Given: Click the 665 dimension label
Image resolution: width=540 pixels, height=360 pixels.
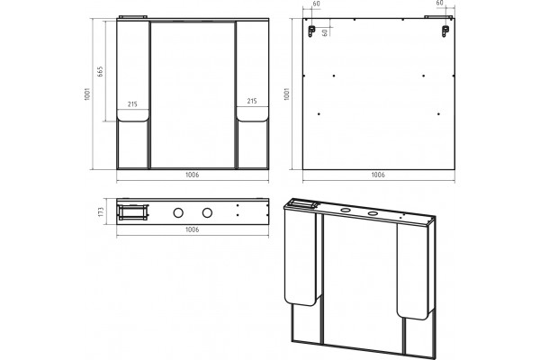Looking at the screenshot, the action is tap(100, 72).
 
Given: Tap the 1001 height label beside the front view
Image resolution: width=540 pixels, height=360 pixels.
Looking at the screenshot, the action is tap(87, 94).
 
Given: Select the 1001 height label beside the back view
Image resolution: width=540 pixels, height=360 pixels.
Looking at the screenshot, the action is tap(286, 94).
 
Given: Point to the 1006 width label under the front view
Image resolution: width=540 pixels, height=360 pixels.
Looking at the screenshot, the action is tap(193, 175).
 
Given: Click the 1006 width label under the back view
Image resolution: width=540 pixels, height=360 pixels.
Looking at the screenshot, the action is tap(378, 175).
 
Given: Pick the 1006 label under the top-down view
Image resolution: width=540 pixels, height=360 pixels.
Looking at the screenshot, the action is tap(193, 229).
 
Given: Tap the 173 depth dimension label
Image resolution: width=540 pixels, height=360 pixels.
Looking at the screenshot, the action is tap(101, 211).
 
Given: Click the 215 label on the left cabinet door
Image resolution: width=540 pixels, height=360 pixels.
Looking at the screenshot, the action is tap(132, 104).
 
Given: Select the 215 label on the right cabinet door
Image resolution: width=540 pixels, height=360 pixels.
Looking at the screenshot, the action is tap(252, 101).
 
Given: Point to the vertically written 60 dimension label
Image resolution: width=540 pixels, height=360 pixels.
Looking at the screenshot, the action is tap(324, 32).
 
